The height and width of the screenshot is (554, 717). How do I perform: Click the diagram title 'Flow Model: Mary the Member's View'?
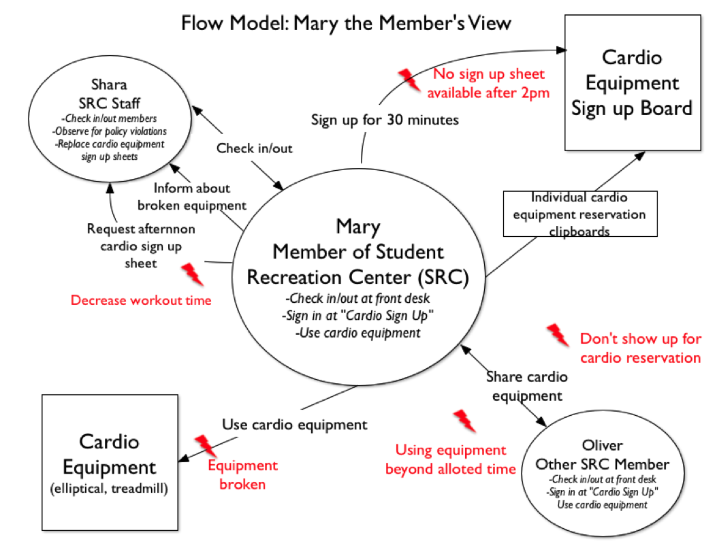(x=346, y=23)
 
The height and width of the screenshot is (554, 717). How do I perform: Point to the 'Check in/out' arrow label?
(x=254, y=148)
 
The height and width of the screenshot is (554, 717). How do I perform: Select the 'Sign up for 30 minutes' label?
(x=385, y=120)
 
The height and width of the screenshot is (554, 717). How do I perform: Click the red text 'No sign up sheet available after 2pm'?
(x=488, y=83)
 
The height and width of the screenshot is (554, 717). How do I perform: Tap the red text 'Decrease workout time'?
(x=141, y=300)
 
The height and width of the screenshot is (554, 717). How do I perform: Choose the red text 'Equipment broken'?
(x=242, y=474)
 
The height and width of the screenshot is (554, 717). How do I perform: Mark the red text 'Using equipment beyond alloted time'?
(x=450, y=459)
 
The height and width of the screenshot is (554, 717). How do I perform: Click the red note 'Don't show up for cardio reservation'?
(x=641, y=348)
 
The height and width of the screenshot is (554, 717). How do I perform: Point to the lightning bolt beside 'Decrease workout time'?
(x=192, y=274)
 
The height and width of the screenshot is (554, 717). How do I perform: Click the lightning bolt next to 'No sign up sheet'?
(x=409, y=80)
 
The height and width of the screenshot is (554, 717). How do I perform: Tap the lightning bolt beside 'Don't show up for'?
(x=558, y=335)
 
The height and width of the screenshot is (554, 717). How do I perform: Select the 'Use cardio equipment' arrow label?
(x=294, y=425)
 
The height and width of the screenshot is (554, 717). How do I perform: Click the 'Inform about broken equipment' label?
(x=192, y=197)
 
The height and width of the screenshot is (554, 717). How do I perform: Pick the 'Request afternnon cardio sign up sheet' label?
(x=141, y=246)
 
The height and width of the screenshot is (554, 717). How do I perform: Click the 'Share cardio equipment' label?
(x=527, y=387)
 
